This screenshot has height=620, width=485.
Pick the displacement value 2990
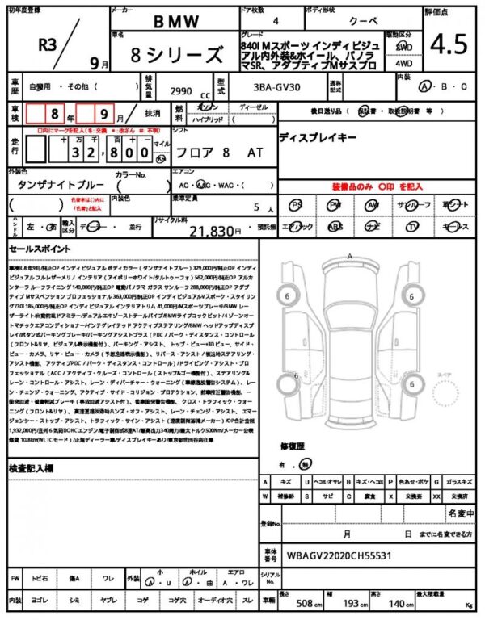[180, 91]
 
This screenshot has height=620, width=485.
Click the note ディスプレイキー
[317, 138]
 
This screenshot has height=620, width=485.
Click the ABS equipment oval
[335, 227]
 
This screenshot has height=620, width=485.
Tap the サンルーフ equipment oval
[413, 206]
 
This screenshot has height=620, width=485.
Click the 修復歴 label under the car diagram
[292, 446]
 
